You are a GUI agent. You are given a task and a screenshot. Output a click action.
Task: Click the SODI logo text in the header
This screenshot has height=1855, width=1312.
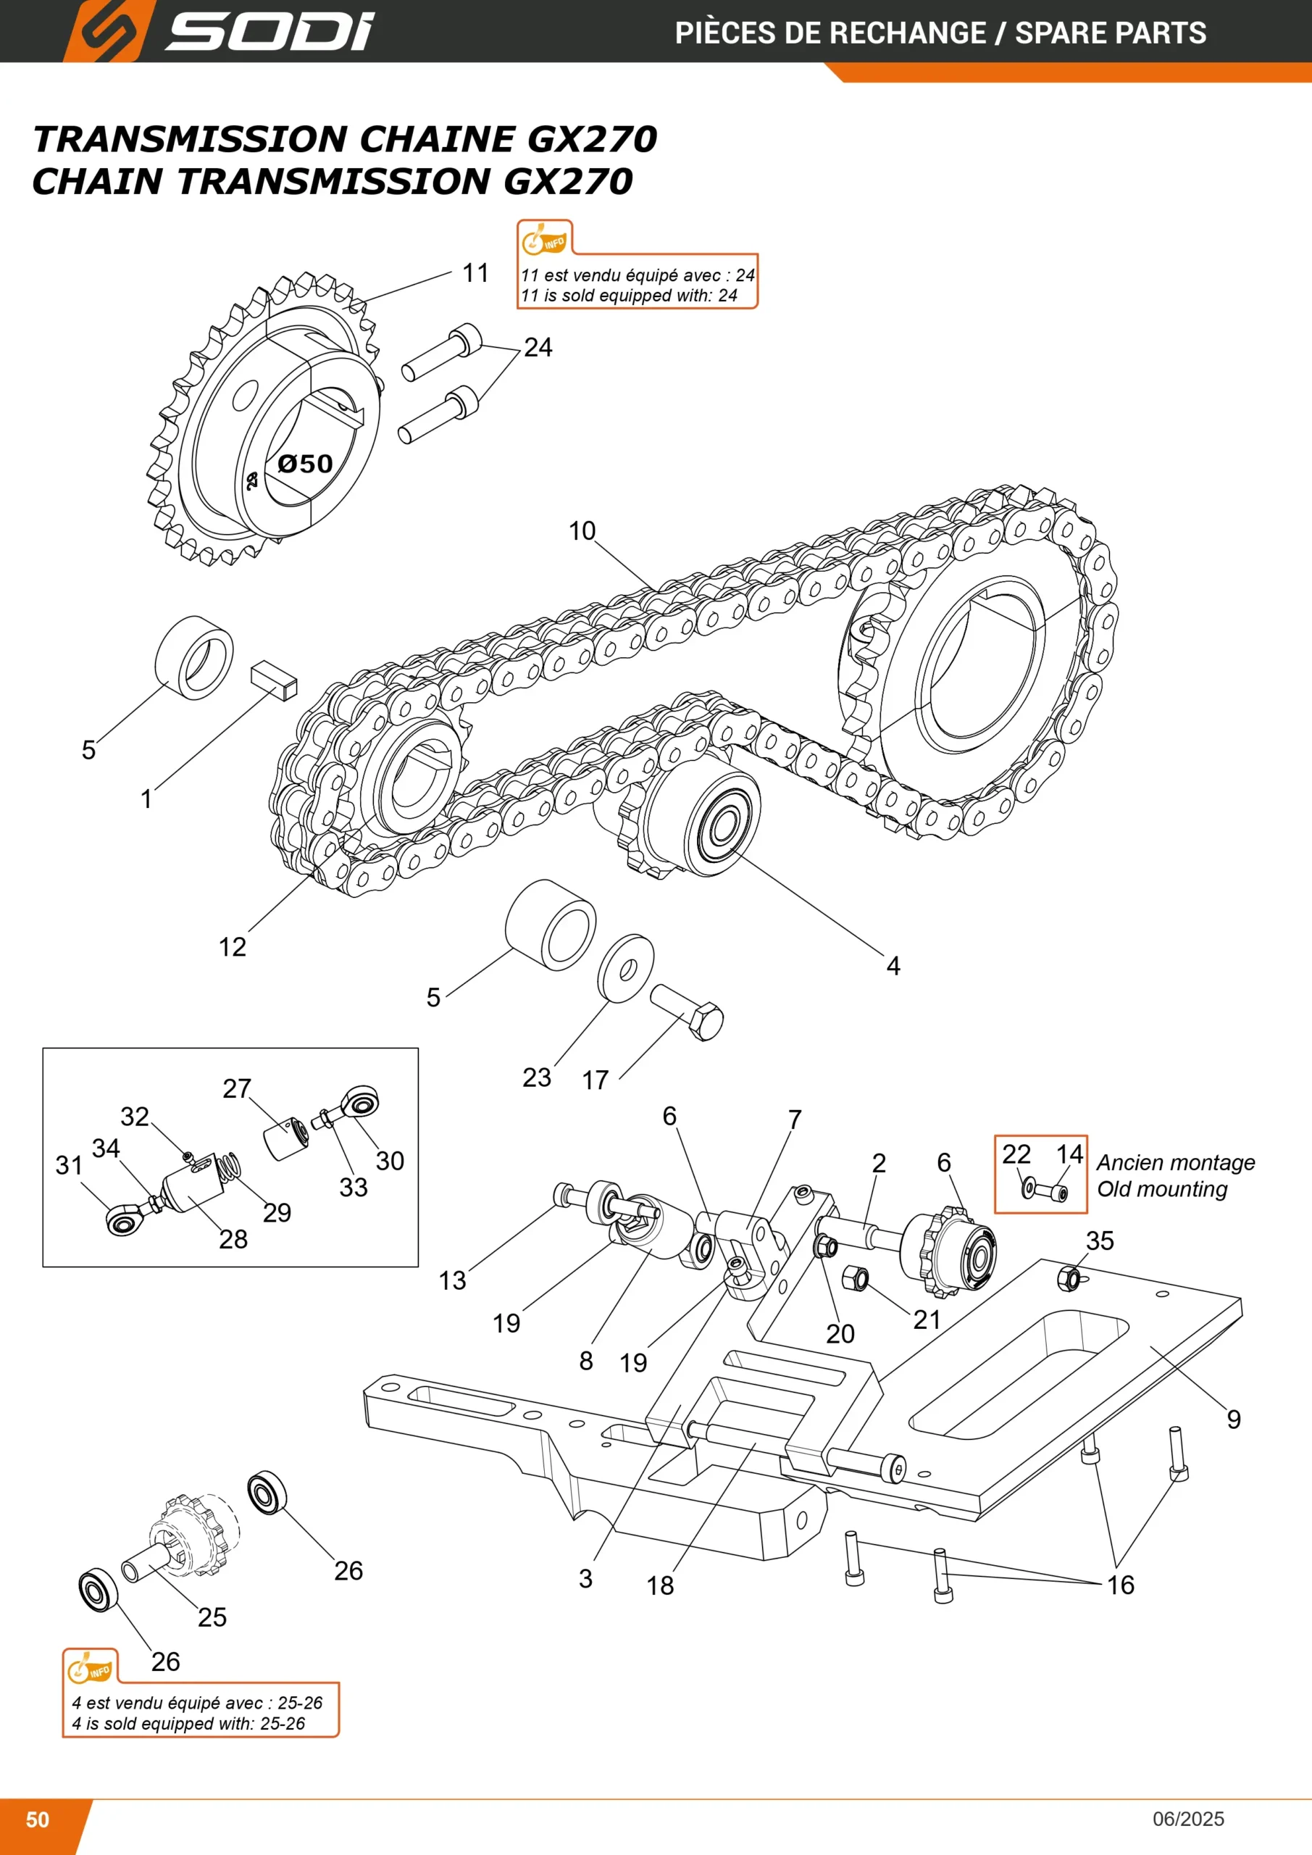[x=269, y=33]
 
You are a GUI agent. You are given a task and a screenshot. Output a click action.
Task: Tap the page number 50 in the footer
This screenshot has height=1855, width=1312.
[x=37, y=1819]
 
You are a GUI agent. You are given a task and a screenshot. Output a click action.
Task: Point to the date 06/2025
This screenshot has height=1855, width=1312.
[x=1188, y=1819]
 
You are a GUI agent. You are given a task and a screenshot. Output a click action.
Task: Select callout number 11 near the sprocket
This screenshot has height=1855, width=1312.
[x=476, y=273]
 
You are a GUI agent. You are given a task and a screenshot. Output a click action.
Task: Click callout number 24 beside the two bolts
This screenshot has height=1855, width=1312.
[x=538, y=347]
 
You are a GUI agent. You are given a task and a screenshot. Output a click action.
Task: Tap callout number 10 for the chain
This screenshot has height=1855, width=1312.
[x=582, y=531]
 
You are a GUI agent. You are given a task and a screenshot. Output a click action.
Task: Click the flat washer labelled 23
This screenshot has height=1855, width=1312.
[x=626, y=968]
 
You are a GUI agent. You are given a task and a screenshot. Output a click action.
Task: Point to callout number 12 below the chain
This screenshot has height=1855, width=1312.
[x=233, y=947]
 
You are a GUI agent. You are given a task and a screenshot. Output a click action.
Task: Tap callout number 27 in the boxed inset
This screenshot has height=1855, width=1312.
[x=237, y=1088]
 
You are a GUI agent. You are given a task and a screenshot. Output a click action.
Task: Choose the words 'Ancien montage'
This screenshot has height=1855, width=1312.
[x=1176, y=1162]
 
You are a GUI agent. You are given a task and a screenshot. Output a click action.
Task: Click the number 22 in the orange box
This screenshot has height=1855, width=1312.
[x=1016, y=1154]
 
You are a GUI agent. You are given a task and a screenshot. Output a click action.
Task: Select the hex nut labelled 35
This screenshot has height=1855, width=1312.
[x=1069, y=1279]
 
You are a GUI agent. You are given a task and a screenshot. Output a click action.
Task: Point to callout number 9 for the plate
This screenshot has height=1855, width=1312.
[x=1234, y=1420]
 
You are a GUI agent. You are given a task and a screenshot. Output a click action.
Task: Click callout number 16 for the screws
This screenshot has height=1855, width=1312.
[x=1121, y=1585]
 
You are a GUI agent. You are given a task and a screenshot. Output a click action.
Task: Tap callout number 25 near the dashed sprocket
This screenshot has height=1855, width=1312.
[x=212, y=1617]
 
